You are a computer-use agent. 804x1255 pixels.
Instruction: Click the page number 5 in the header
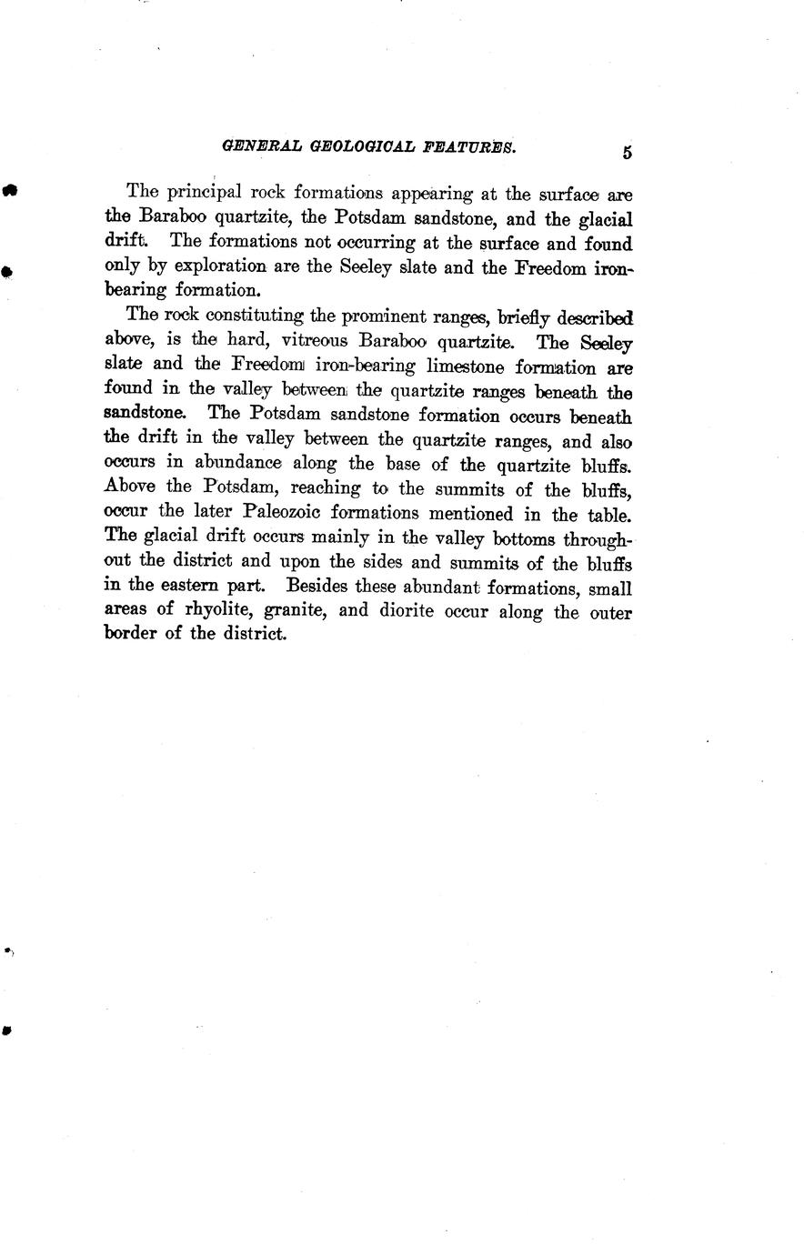coord(628,152)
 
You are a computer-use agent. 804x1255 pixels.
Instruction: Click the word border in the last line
coord(135,635)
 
